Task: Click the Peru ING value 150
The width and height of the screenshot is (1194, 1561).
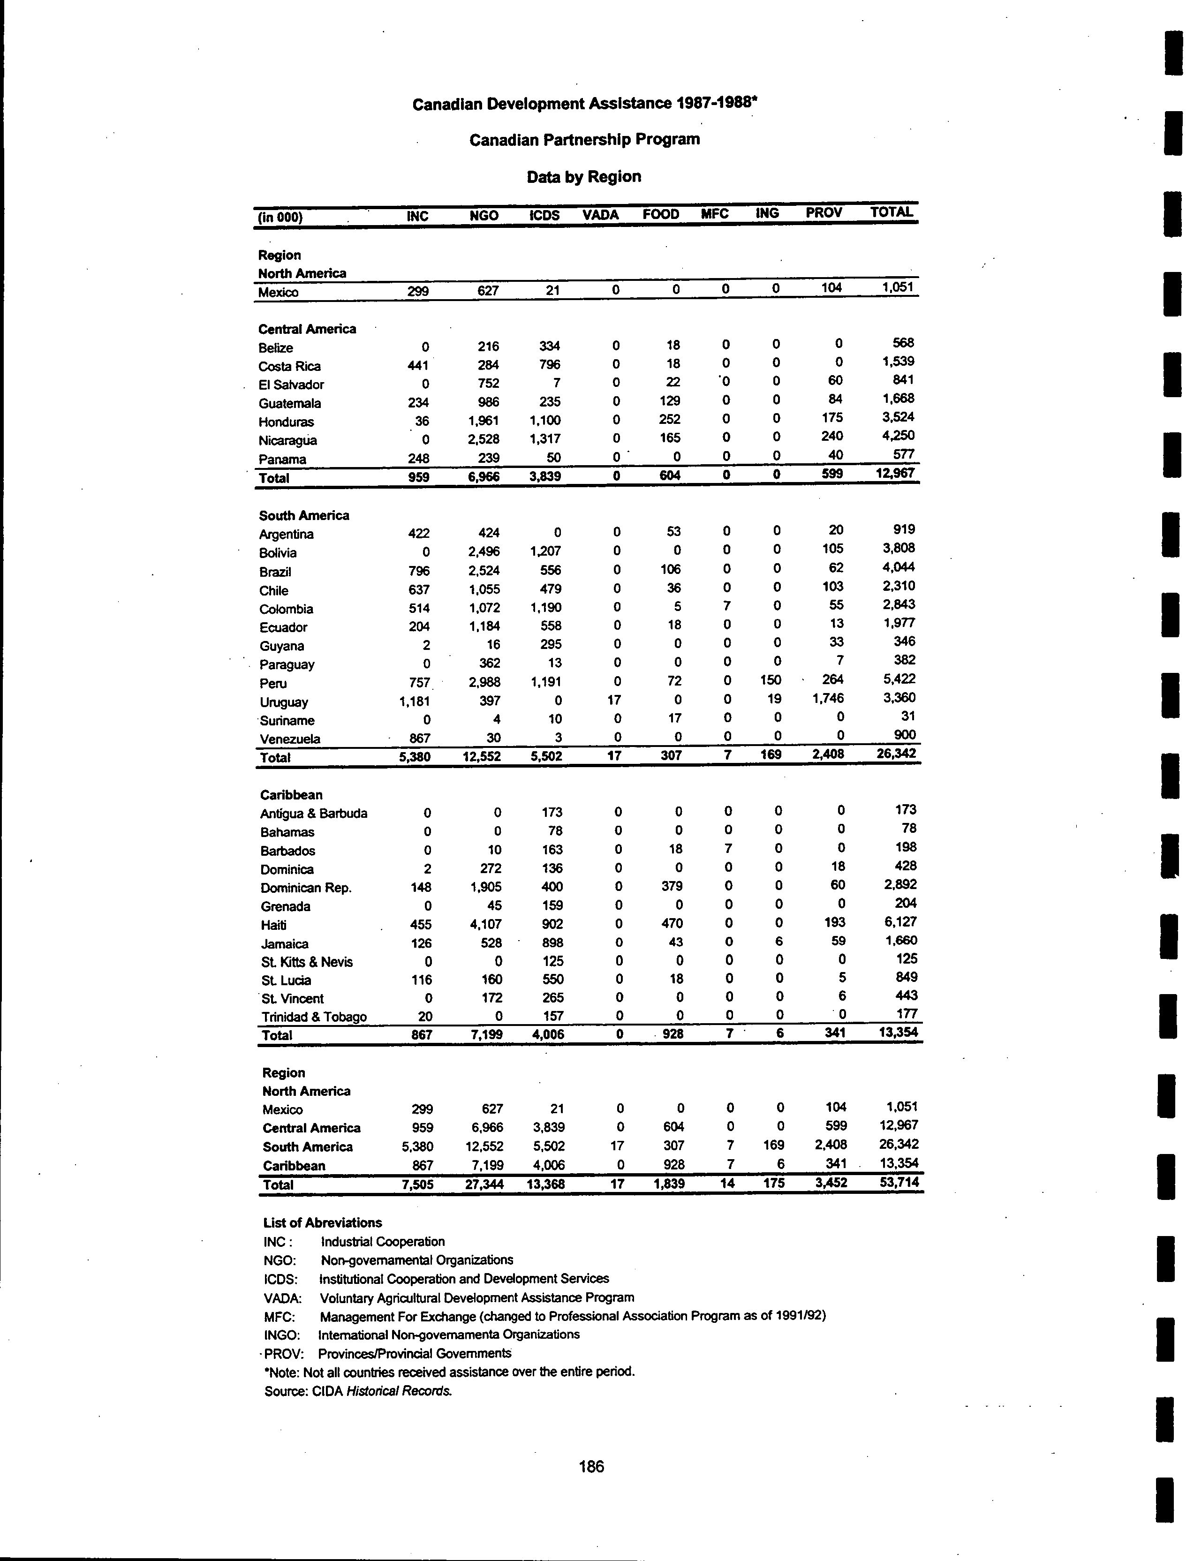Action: (x=771, y=680)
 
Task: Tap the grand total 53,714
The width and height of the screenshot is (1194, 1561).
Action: (x=899, y=1182)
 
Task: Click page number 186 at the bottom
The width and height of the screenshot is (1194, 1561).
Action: (x=591, y=1466)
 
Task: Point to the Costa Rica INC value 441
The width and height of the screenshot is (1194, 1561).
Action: (x=418, y=365)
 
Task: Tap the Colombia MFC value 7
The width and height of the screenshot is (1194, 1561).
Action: (x=726, y=606)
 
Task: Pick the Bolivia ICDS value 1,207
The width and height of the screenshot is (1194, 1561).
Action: (x=544, y=550)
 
